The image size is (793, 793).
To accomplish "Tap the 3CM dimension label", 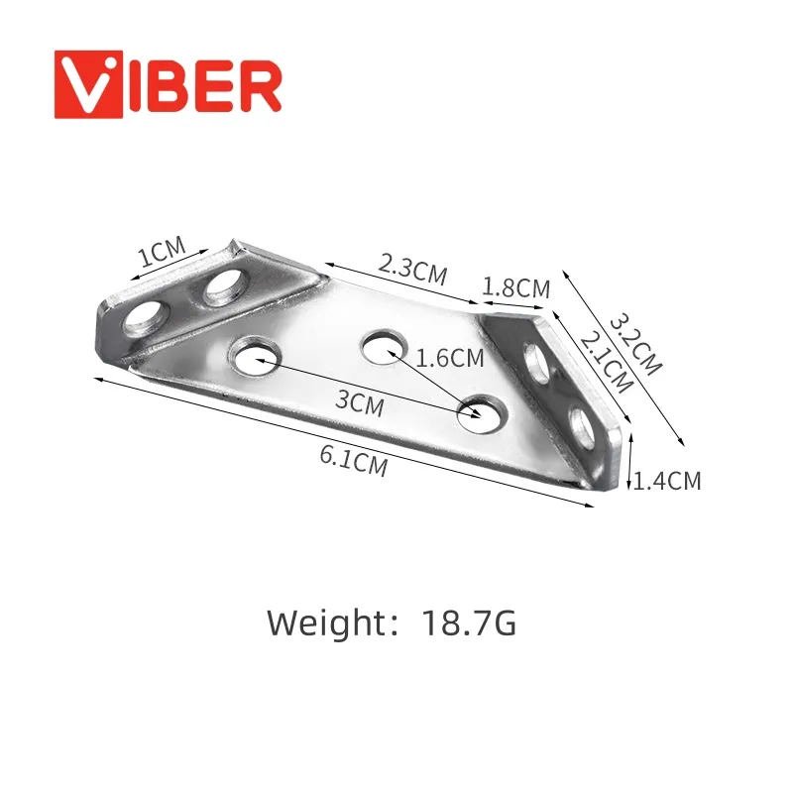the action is pos(359,403).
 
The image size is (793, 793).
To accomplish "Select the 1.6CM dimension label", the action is pos(450,359).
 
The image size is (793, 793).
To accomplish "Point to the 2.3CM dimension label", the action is pos(412,270).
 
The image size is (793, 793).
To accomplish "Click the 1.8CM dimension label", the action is pos(515,287).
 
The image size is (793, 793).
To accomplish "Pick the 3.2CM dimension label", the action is pos(634,345).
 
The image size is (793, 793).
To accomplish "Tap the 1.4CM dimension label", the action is pos(667,481).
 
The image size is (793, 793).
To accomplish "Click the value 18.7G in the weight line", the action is pos(469,623).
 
